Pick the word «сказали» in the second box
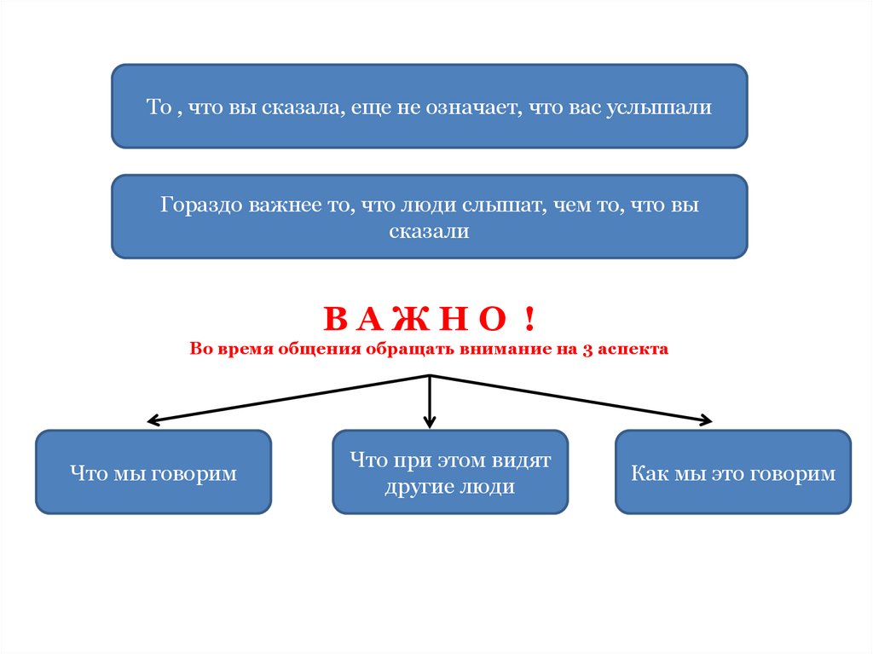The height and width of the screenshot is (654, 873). click(x=430, y=231)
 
